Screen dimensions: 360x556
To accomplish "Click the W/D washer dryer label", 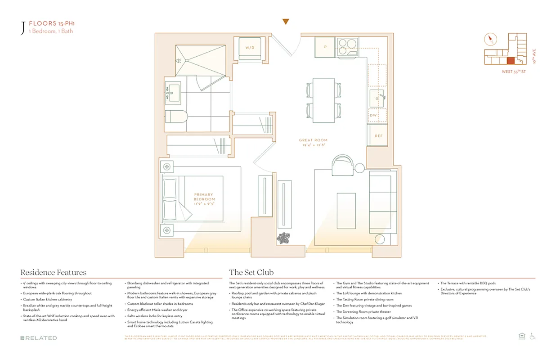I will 249,48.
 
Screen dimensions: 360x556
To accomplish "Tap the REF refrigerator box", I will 378,135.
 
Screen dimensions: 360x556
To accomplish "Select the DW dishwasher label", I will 373,115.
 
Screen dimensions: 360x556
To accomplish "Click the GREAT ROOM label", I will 313,142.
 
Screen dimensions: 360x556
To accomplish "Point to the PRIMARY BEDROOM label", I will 204,199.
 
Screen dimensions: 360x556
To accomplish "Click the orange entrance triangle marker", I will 285,22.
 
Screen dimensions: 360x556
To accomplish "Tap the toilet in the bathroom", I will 173,117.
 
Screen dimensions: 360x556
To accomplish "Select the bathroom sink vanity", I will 173,92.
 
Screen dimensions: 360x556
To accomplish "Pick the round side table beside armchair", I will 359,169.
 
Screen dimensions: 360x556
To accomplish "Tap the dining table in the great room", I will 323,100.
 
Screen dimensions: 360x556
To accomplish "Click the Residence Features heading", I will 53,272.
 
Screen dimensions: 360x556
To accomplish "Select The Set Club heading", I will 251,272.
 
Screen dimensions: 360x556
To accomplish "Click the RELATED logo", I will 39,338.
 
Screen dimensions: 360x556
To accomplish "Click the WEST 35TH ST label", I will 514,72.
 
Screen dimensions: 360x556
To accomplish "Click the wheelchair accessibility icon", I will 532,336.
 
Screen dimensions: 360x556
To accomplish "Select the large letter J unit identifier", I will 22,28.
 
